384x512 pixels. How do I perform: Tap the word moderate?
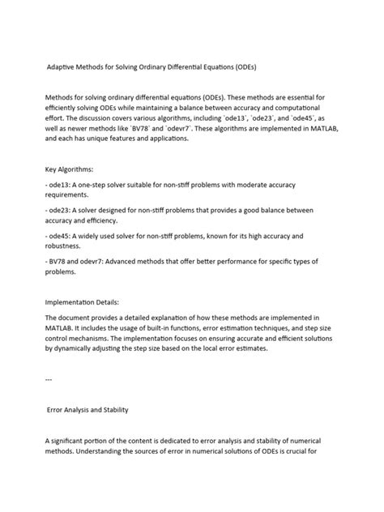[x=283, y=186]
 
